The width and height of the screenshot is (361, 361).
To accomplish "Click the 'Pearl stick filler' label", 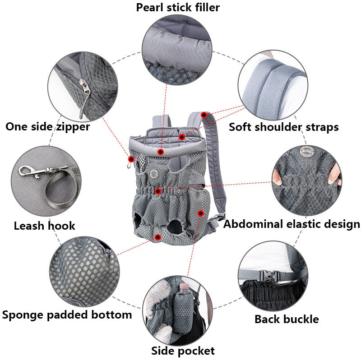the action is coord(178,7).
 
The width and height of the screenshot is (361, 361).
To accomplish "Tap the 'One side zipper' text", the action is coord(48,127).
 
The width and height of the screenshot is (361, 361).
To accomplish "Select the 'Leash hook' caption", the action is coord(44,226).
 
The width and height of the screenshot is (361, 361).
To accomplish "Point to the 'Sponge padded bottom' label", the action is coord(67,315).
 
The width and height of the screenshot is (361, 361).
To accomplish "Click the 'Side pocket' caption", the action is coord(183,351).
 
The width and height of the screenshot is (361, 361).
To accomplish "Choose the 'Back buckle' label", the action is coord(287,319).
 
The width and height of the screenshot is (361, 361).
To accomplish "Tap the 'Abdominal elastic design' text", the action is coord(292,224).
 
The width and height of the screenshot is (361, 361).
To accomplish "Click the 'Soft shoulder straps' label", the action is coord(284,127).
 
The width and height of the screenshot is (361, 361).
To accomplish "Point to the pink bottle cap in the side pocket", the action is coord(184,286).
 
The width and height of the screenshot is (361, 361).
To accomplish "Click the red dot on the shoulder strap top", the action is coord(204,115).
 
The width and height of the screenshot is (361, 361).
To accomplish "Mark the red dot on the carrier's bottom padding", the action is coord(158,237).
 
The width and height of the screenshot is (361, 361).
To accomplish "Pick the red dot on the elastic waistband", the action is coord(157,191).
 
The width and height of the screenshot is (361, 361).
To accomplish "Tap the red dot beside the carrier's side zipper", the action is coord(131,159).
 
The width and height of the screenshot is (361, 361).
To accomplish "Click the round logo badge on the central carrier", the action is coord(153,174).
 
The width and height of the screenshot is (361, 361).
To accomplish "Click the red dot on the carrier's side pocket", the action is coord(201,213).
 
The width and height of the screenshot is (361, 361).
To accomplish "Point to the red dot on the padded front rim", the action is coord(161,152).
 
